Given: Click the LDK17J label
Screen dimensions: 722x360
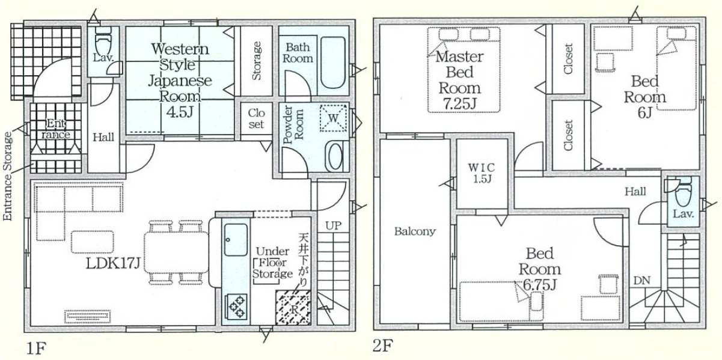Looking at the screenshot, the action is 113,264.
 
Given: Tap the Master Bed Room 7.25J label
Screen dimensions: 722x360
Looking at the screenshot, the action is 460,80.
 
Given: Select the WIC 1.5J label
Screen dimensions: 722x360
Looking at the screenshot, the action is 482,173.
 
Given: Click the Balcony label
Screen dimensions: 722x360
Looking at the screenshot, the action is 415,231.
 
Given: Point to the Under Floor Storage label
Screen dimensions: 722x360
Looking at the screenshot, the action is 272,263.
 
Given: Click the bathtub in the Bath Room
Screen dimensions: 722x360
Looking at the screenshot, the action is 333,63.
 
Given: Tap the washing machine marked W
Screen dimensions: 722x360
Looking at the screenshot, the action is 333,118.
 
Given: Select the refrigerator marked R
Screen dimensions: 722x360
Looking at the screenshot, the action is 293,308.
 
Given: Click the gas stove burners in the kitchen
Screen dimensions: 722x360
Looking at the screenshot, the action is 236,307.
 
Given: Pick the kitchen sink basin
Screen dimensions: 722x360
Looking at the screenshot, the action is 236,240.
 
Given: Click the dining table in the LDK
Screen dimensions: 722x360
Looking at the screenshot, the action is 177,252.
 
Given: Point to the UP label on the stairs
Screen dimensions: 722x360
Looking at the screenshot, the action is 333,225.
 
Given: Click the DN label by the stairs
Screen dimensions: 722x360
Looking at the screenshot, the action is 641,281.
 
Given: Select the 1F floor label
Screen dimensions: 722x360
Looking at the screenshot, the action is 36,349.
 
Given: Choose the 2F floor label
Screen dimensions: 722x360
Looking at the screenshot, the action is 383,346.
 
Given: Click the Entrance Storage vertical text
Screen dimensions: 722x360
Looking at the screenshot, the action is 7,177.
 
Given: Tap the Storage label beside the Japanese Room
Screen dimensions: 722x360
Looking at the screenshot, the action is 256,61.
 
